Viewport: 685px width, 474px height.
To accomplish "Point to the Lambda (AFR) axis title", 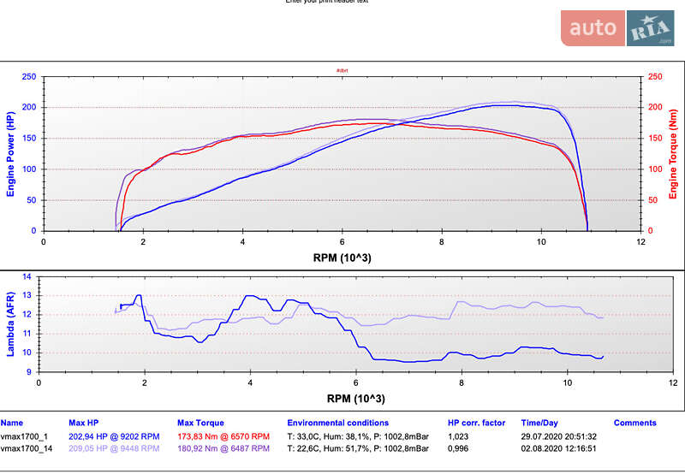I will click(x=10, y=324).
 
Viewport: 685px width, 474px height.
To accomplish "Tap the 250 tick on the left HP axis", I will click(x=28, y=77).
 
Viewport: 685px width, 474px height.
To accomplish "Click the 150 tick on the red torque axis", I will click(x=657, y=139).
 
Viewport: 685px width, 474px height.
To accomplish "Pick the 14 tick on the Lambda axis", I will click(x=27, y=277).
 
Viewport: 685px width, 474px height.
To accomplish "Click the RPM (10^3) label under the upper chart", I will click(x=342, y=257).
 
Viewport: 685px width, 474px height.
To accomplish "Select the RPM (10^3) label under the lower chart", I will click(x=355, y=398).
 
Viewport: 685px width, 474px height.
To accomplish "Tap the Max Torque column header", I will click(x=200, y=423).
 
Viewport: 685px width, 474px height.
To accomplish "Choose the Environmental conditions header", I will click(x=337, y=423).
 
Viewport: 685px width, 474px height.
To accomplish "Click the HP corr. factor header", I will click(x=476, y=423).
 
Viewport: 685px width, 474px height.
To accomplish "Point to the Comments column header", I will click(x=635, y=423).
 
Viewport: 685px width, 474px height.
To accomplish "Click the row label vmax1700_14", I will click(x=27, y=447).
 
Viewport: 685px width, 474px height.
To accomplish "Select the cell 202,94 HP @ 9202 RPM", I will click(x=114, y=435).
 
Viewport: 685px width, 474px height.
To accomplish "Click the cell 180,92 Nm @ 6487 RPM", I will click(x=229, y=447).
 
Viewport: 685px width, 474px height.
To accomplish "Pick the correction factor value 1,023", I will click(x=459, y=435).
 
